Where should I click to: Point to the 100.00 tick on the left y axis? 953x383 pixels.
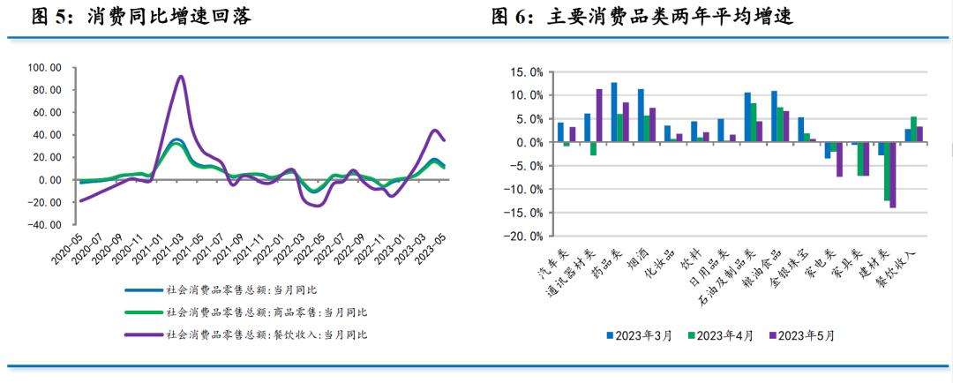44,68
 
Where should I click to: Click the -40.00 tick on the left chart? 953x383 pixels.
44,224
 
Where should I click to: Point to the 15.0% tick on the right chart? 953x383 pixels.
518,71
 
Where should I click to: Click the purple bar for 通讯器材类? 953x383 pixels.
599,116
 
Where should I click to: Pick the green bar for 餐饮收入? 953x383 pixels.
913,129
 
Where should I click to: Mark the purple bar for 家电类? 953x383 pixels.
840,159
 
